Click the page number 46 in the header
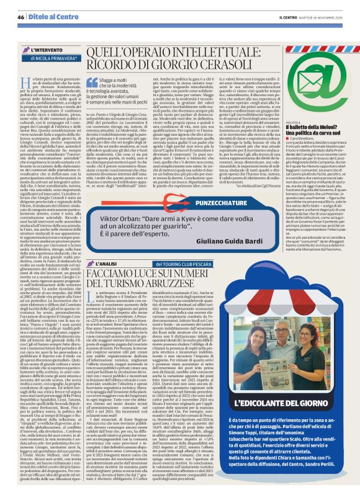(21, 17)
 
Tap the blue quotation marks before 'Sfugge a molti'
(91, 81)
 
